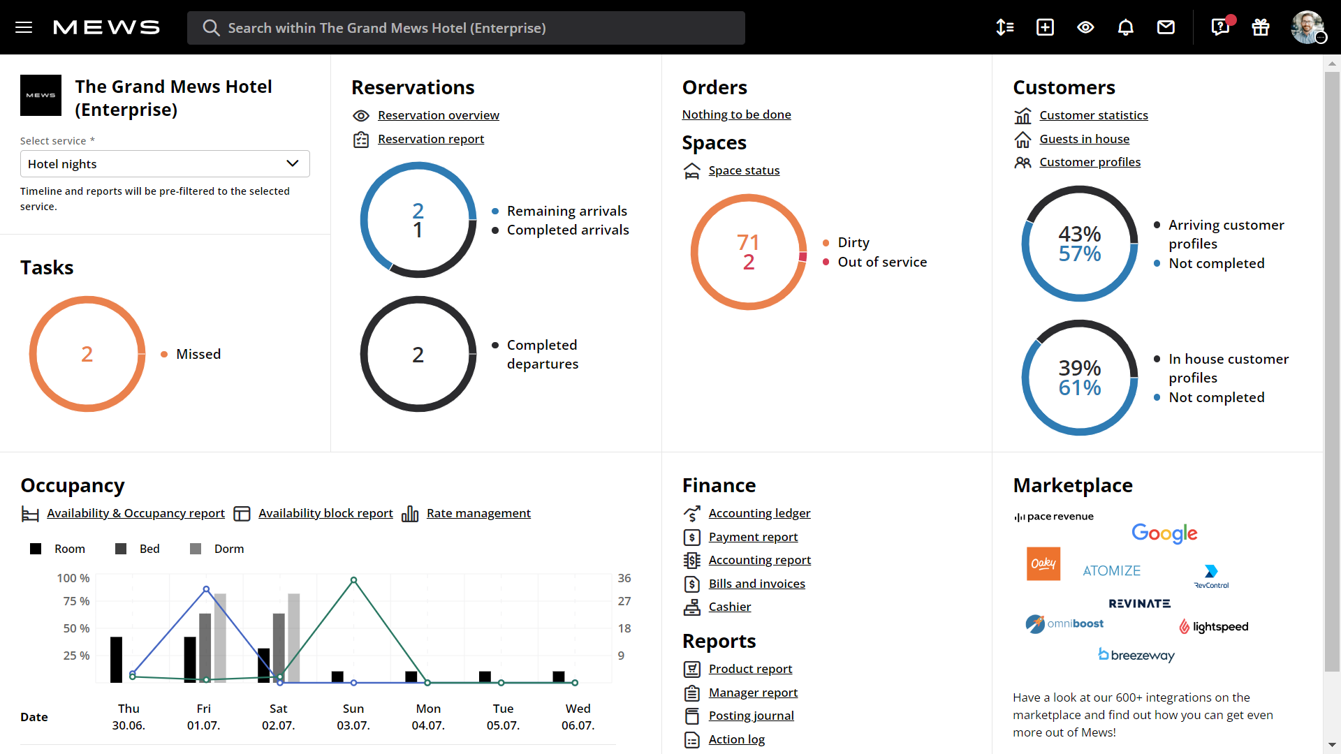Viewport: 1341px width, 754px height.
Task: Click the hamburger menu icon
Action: [x=24, y=27]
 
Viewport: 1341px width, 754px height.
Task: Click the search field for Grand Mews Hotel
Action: [x=466, y=28]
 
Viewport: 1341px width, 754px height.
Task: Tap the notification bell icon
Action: [x=1125, y=27]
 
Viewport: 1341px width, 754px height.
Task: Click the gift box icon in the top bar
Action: [x=1260, y=27]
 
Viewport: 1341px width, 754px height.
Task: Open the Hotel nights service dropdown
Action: [x=165, y=164]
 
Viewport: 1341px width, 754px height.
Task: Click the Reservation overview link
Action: [x=438, y=115]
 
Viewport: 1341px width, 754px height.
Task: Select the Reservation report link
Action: [x=430, y=139]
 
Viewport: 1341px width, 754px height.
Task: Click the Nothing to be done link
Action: [x=736, y=114]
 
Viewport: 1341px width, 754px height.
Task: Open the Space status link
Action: [x=744, y=170]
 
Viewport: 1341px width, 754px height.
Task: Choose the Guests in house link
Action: [x=1084, y=139]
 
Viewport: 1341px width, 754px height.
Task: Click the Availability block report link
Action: [x=325, y=513]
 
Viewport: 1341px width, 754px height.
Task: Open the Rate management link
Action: [x=478, y=513]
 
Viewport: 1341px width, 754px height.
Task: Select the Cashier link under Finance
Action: [x=729, y=607]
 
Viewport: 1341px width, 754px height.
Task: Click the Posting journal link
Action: [x=751, y=716]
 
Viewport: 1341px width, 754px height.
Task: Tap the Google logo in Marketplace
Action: [x=1164, y=533]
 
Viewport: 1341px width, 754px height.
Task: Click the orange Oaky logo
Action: [x=1043, y=563]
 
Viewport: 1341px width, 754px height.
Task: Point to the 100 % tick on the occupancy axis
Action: [x=73, y=578]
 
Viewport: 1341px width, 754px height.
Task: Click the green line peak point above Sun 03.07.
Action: [x=354, y=580]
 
